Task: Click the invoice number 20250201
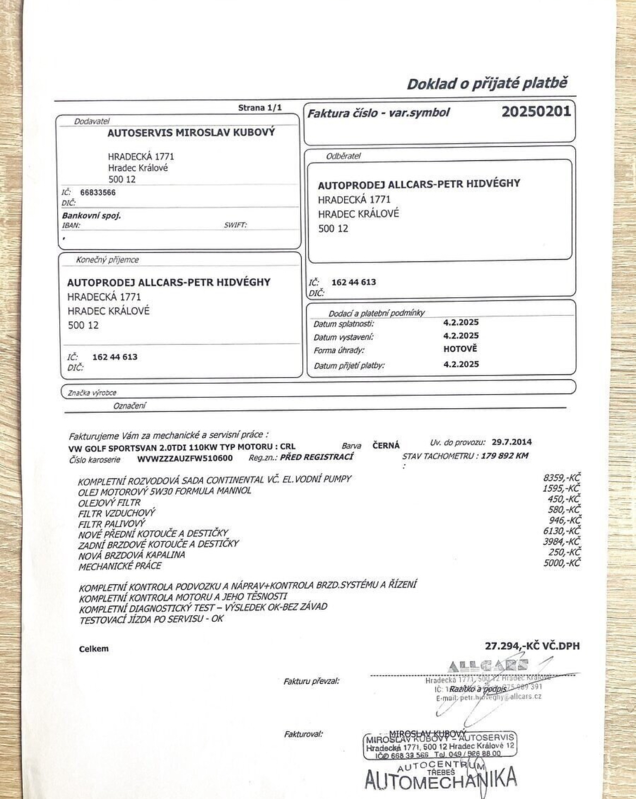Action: (x=535, y=111)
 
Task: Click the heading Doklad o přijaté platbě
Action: (x=487, y=83)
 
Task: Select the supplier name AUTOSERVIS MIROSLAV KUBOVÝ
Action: (x=191, y=132)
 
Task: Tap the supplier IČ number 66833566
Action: (x=98, y=192)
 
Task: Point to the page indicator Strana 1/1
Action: (x=260, y=108)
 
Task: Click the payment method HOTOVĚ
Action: (x=460, y=349)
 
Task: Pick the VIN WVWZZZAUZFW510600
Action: (x=185, y=458)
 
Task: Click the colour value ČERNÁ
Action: (x=386, y=445)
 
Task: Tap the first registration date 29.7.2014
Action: (x=512, y=442)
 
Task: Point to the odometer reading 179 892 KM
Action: (x=504, y=455)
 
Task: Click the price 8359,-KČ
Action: (x=562, y=477)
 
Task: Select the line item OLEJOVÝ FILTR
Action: (x=109, y=502)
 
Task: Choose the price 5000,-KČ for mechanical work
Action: (x=562, y=563)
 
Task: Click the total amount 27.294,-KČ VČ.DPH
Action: (x=532, y=646)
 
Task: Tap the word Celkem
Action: (x=93, y=648)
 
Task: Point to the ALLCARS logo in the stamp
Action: (x=488, y=666)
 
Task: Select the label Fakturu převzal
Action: (x=311, y=681)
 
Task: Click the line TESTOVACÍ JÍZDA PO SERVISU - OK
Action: (x=151, y=619)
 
